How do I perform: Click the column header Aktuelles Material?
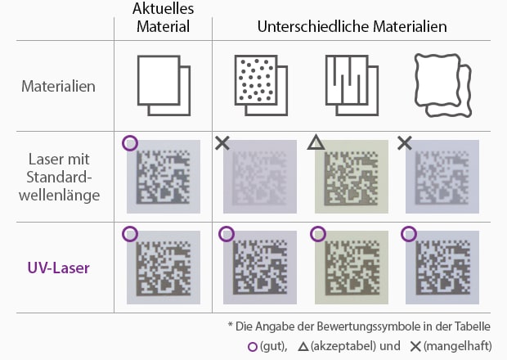point(163,17)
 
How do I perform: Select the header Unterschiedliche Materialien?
point(352,26)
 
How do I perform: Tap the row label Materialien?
point(59,87)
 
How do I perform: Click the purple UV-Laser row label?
point(59,268)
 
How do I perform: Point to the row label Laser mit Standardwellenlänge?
point(59,177)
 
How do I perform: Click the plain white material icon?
point(164,85)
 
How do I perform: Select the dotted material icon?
point(261,85)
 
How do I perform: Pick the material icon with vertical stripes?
point(352,85)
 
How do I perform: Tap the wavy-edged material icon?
point(443,85)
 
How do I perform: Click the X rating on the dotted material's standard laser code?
point(222,143)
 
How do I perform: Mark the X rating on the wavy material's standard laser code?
point(405,143)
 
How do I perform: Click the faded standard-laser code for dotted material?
point(260,177)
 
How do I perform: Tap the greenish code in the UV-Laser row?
point(352,268)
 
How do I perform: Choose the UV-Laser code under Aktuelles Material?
point(164,268)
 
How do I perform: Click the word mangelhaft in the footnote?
point(458,346)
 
